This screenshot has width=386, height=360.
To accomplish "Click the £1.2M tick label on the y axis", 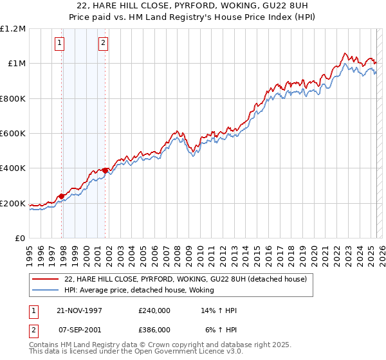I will (12, 29).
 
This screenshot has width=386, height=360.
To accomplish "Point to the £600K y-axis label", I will (12, 134).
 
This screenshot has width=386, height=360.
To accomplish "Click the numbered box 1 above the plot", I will (59, 43).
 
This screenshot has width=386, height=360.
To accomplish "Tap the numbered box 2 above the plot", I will (103, 43).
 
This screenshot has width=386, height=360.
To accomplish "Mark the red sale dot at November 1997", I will (62, 196).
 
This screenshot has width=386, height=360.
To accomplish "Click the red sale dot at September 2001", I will (105, 171).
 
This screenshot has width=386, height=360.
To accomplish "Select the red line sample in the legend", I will (45, 279).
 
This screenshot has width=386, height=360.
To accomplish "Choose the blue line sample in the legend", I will (45, 290).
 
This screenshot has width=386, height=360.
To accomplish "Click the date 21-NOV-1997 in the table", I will (80, 310).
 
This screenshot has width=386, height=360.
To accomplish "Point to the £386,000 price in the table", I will (154, 329).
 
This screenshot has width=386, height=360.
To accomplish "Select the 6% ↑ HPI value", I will (221, 329).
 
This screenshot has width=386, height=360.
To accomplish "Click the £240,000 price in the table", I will (154, 310).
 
